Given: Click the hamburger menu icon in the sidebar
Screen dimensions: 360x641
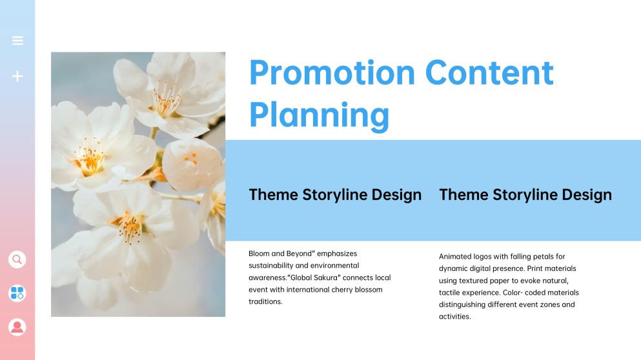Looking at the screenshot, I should [x=17, y=41].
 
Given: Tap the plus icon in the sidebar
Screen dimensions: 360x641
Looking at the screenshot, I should [x=17, y=76].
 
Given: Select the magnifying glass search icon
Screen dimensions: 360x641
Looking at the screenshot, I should [x=17, y=259].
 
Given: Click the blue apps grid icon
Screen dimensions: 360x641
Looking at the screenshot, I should [x=17, y=294].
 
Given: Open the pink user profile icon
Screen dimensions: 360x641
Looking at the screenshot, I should [x=17, y=327].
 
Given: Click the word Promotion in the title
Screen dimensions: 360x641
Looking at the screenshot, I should [x=332, y=72].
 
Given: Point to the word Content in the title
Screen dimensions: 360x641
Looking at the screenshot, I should [x=489, y=72].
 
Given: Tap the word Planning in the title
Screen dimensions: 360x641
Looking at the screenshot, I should [x=319, y=115].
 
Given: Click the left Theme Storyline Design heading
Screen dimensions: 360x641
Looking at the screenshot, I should [x=335, y=194].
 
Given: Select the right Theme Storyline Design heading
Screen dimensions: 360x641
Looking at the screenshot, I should [x=525, y=194].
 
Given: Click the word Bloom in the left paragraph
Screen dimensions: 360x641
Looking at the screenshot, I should [x=259, y=254].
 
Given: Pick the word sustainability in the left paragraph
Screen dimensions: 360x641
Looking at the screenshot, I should [x=271, y=265].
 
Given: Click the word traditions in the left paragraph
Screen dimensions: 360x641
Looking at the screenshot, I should [x=265, y=301].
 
